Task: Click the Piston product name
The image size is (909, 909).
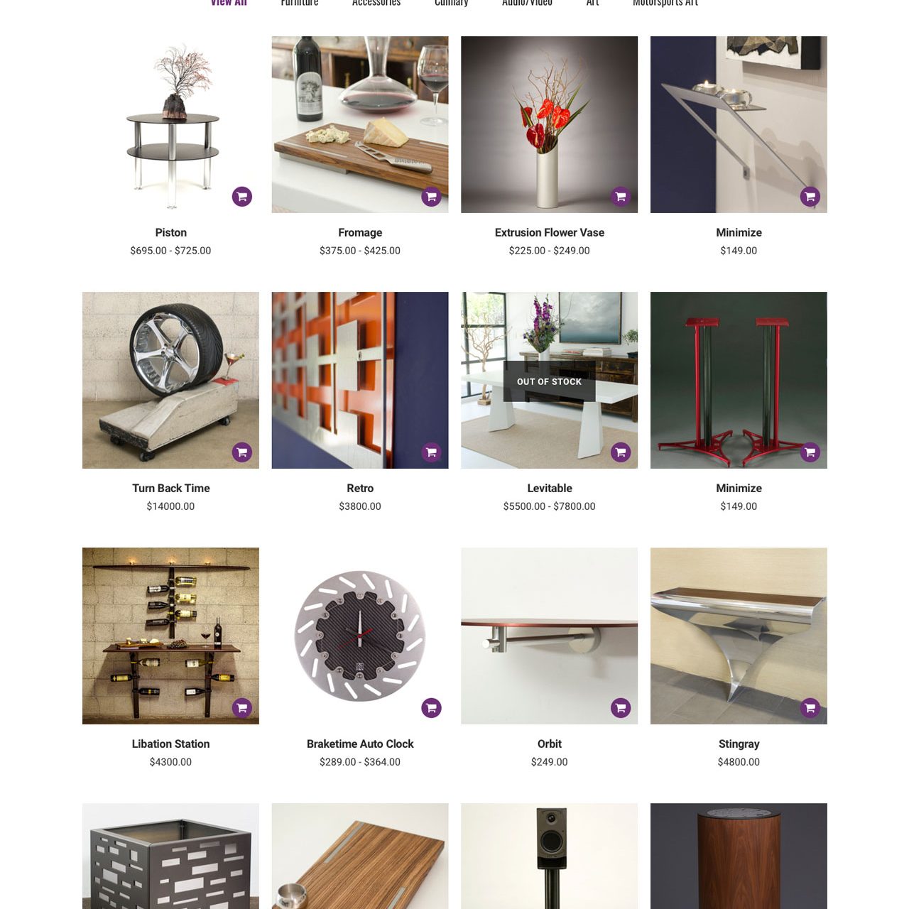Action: coord(170,232)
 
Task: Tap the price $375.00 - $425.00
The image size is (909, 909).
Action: coord(360,251)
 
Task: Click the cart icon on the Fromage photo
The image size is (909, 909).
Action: coord(431,197)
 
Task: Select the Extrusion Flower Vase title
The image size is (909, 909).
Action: coord(549,232)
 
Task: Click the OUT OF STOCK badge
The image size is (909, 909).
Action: coord(549,381)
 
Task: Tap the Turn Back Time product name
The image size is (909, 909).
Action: coord(170,488)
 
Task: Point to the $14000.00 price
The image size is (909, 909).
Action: coord(170,506)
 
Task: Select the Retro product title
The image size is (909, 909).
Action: coord(360,488)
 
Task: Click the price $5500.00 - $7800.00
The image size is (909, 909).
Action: coord(549,506)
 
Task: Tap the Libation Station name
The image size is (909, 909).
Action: coord(170,744)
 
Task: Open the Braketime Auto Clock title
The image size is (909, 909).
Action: coord(360,744)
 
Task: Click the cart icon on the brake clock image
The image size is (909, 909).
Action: coord(431,708)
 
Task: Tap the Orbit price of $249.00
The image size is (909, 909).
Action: coord(549,762)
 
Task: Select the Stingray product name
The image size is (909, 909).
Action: coord(739,744)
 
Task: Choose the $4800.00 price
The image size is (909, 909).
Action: coord(739,762)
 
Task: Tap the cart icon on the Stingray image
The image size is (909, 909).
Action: coord(810,708)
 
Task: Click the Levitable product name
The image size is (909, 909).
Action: coord(549,488)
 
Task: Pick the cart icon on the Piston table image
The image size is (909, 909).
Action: coord(241,197)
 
